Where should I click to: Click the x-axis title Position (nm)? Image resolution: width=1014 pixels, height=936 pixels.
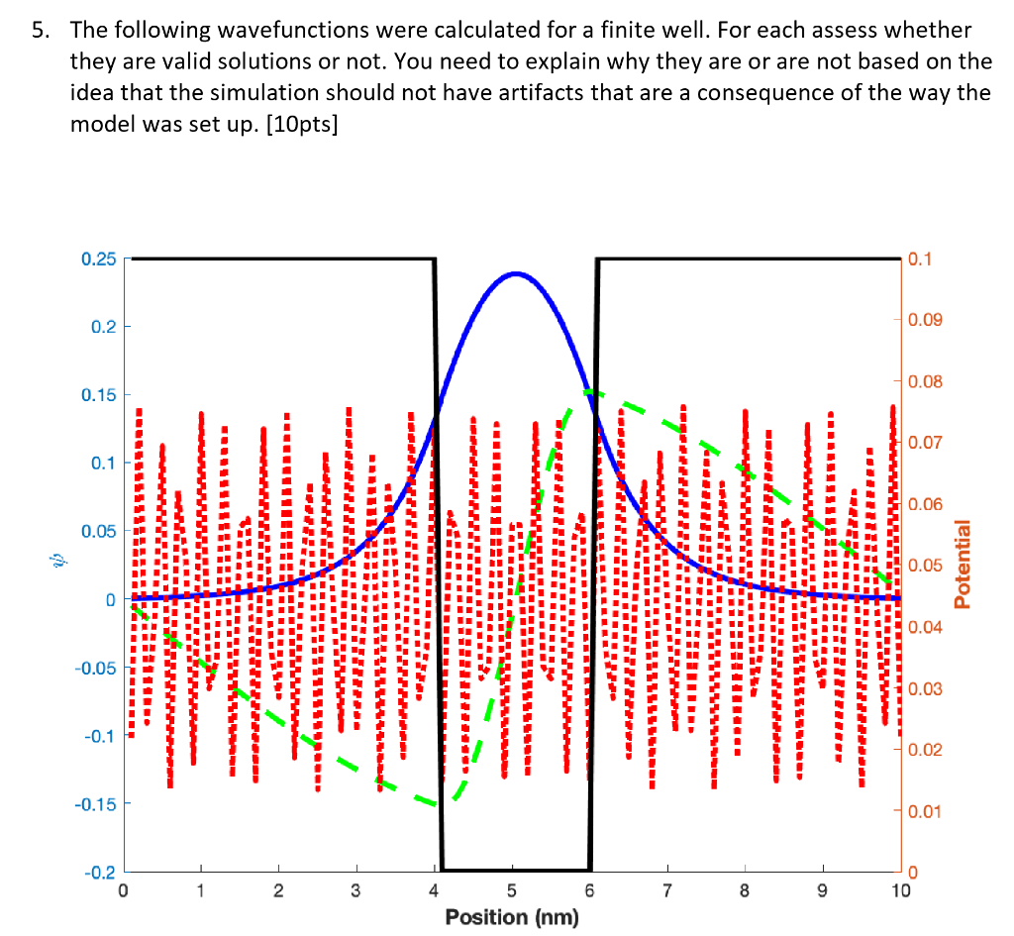(512, 917)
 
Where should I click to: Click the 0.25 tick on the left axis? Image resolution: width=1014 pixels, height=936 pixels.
(99, 260)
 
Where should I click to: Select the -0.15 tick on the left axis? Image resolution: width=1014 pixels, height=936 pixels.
(96, 803)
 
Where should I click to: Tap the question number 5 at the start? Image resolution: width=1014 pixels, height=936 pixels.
(37, 31)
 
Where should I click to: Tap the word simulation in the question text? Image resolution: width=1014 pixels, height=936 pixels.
(406, 94)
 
